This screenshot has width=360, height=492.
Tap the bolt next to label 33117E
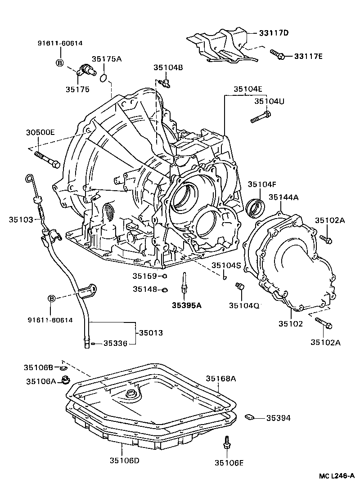(277, 55)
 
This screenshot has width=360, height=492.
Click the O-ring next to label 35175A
(103, 78)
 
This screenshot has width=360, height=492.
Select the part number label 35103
(21, 219)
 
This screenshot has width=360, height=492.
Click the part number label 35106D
(124, 460)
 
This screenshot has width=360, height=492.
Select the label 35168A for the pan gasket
(221, 378)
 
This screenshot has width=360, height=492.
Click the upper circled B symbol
(60, 63)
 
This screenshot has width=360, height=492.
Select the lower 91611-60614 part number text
(49, 320)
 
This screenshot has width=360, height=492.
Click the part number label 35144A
(284, 197)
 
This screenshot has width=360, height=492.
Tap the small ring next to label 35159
(165, 276)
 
